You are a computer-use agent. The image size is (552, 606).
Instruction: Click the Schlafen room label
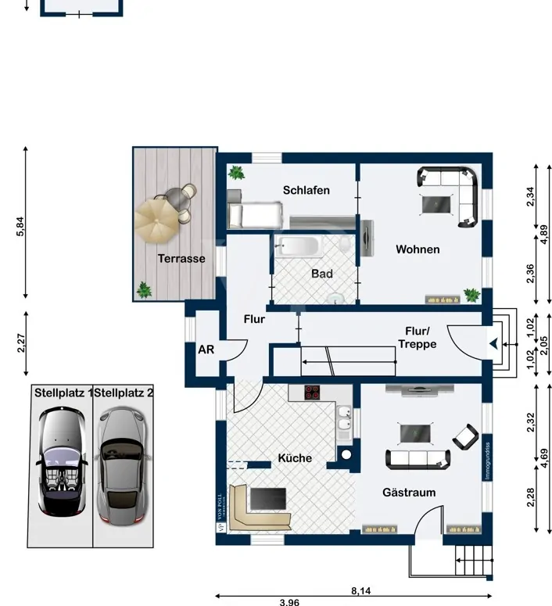[x=306, y=190]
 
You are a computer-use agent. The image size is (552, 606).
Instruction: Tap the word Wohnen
[x=417, y=249]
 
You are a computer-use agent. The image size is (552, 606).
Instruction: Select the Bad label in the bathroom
[x=321, y=274]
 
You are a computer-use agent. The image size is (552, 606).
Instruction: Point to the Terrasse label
[x=181, y=258]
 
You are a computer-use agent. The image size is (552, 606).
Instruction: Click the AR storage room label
[x=206, y=350]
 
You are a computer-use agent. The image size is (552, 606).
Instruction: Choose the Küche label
[x=295, y=458]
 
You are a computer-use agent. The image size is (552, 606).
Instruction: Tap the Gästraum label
[x=408, y=492]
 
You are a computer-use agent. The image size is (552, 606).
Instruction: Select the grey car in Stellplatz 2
[x=122, y=465]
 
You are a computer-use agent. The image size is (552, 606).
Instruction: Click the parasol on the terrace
[x=157, y=221]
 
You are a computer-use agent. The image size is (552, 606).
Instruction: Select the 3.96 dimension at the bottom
[x=289, y=601]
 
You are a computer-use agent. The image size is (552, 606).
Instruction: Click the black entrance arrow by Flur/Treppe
[x=493, y=342]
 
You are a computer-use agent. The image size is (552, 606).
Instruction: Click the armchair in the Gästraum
[x=466, y=437]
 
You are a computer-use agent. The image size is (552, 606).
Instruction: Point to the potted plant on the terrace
[x=143, y=290]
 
